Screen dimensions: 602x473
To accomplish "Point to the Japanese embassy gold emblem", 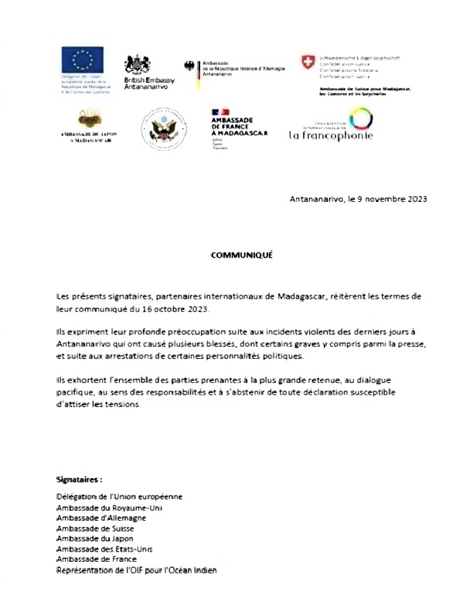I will (87, 121).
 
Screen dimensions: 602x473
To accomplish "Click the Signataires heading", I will (80, 479).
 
